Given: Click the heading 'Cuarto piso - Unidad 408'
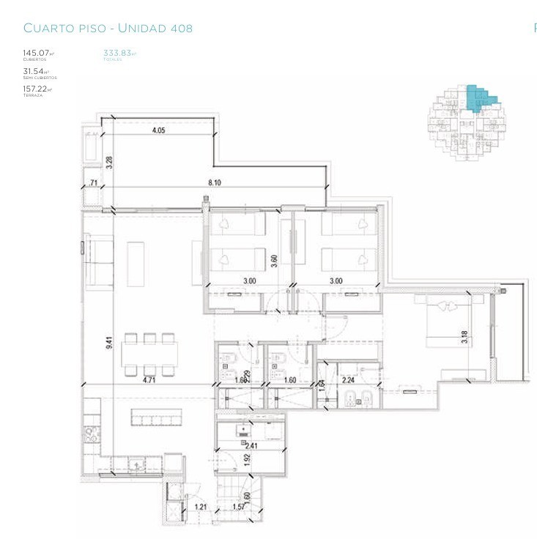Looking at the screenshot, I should click(108, 29).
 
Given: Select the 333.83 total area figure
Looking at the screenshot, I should click(118, 53).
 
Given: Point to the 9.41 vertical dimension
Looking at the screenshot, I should click(109, 341).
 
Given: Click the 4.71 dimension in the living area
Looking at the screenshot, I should click(150, 380).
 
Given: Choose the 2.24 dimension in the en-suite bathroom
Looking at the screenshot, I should click(347, 380).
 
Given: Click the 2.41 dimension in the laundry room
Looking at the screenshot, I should click(251, 445).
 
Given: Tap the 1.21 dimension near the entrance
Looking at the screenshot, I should click(200, 506).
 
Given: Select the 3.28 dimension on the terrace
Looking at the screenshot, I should click(109, 162).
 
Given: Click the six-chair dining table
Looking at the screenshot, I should click(149, 354).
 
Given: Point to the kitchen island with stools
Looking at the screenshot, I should click(157, 416).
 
